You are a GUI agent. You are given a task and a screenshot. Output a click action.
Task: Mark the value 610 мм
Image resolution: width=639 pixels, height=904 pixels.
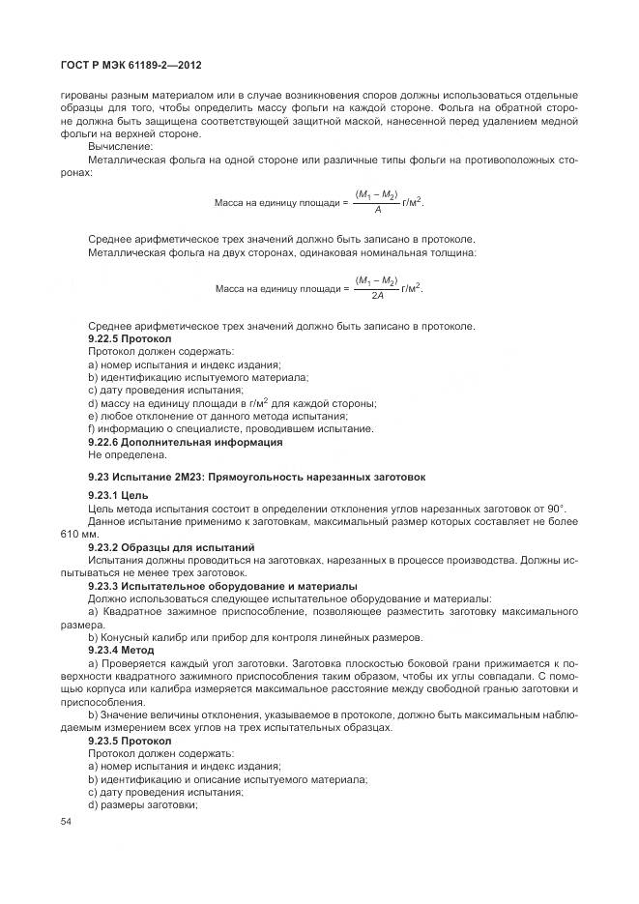click(x=79, y=534)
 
